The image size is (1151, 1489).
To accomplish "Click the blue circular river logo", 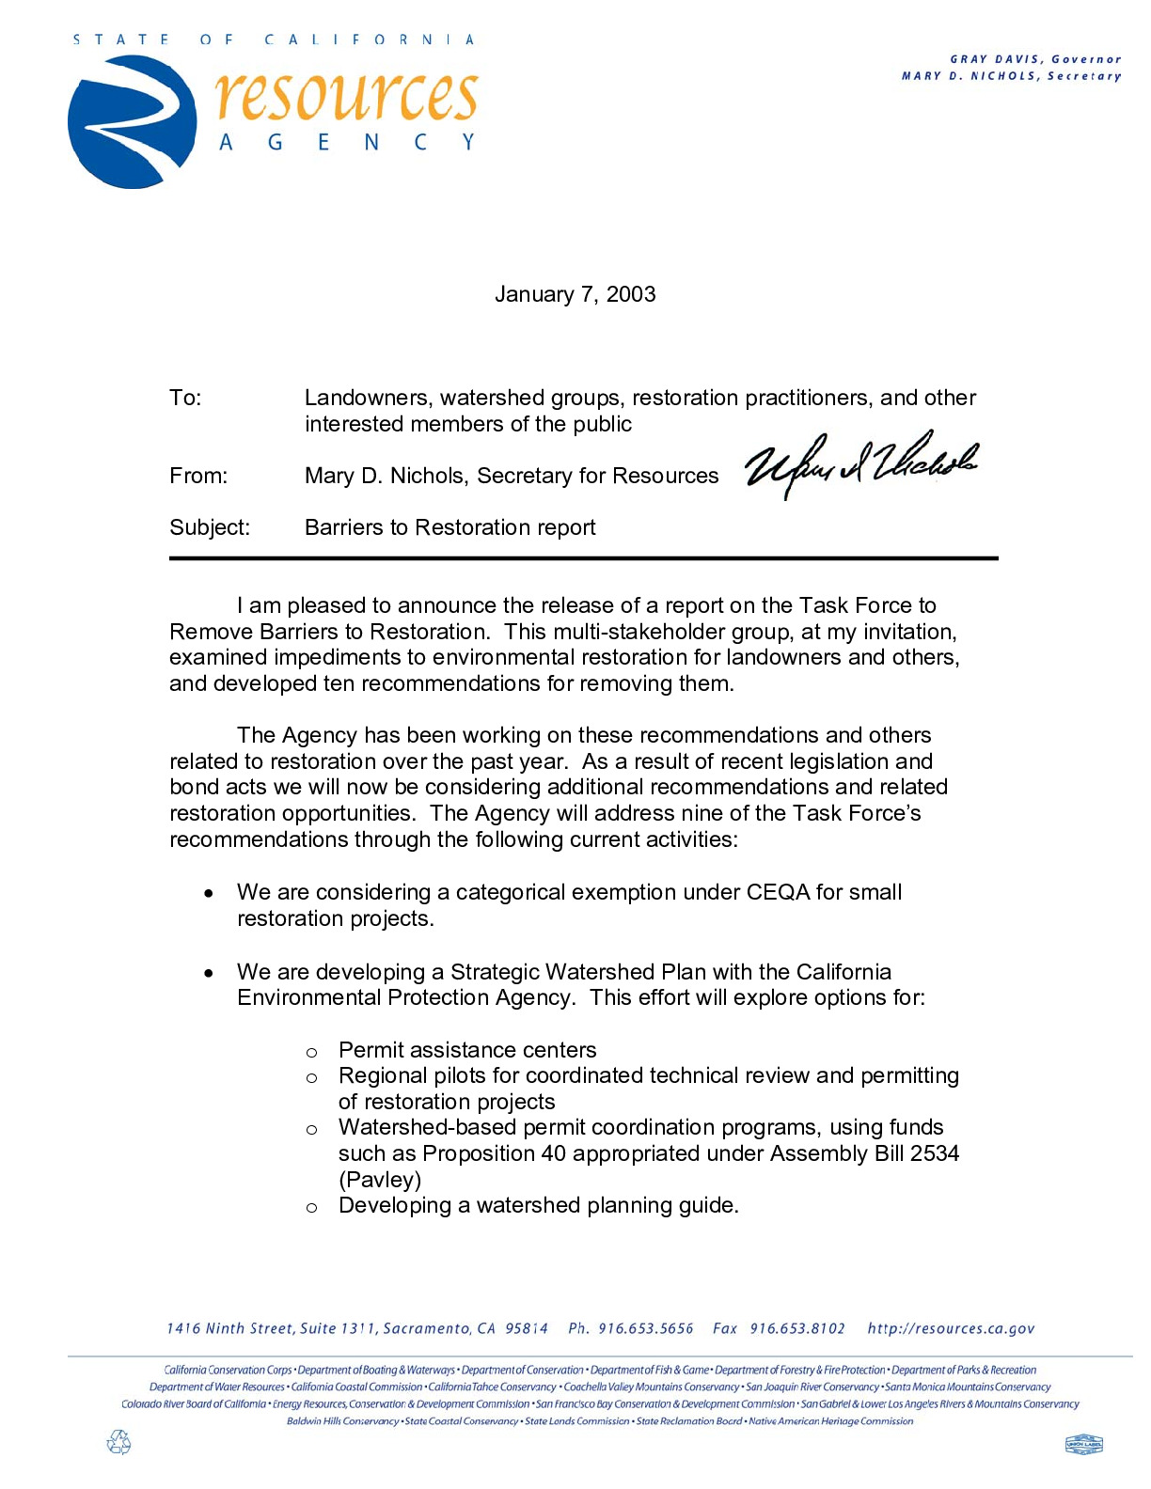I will [x=132, y=122].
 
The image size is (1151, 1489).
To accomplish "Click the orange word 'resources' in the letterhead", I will [x=346, y=96].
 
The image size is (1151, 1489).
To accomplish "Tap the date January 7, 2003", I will [x=575, y=294].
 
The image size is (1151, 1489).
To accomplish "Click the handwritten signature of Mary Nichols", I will [x=859, y=462].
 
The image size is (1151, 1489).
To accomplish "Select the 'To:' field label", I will [x=185, y=398].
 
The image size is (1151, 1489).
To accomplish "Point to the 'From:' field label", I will [x=198, y=476].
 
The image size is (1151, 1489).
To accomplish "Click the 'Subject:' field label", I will [x=210, y=527].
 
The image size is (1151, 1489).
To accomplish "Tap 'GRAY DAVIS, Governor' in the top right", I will [x=1035, y=59].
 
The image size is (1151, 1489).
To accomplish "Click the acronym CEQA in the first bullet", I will [x=778, y=892].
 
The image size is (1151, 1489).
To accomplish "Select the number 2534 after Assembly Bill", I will [x=935, y=1153].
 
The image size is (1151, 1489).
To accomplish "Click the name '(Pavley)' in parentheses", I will [x=380, y=1179].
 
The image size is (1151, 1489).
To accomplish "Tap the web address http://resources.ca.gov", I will [x=951, y=1328].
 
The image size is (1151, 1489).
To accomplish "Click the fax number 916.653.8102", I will [x=797, y=1328].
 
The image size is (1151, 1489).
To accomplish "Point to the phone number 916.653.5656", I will [x=646, y=1328].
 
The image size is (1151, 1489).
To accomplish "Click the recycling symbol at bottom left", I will [x=119, y=1442].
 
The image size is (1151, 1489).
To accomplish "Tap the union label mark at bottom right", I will [x=1083, y=1444].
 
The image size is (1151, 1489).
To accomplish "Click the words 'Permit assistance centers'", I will [x=467, y=1050].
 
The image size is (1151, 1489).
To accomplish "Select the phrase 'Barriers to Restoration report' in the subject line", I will [x=449, y=527].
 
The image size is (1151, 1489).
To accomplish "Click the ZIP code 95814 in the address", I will [x=527, y=1328].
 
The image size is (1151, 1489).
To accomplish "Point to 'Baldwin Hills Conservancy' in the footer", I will [x=343, y=1421].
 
